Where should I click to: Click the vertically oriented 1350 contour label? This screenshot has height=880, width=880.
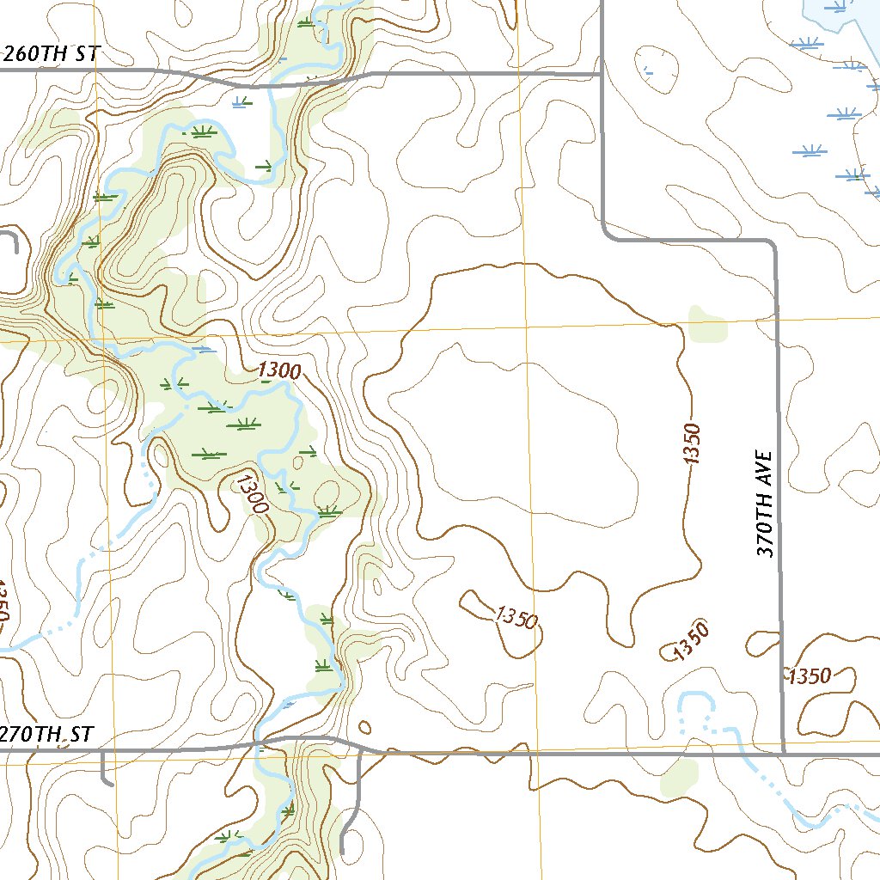point(694,443)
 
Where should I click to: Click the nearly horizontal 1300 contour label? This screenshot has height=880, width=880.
point(279,371)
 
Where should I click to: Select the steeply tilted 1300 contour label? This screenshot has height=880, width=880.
point(254,494)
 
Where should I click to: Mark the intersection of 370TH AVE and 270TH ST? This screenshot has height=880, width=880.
point(784,754)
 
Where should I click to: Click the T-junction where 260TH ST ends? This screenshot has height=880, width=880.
point(601,74)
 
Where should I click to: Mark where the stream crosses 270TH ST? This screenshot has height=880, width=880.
point(258,743)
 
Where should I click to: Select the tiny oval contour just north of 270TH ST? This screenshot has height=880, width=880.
point(364,727)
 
